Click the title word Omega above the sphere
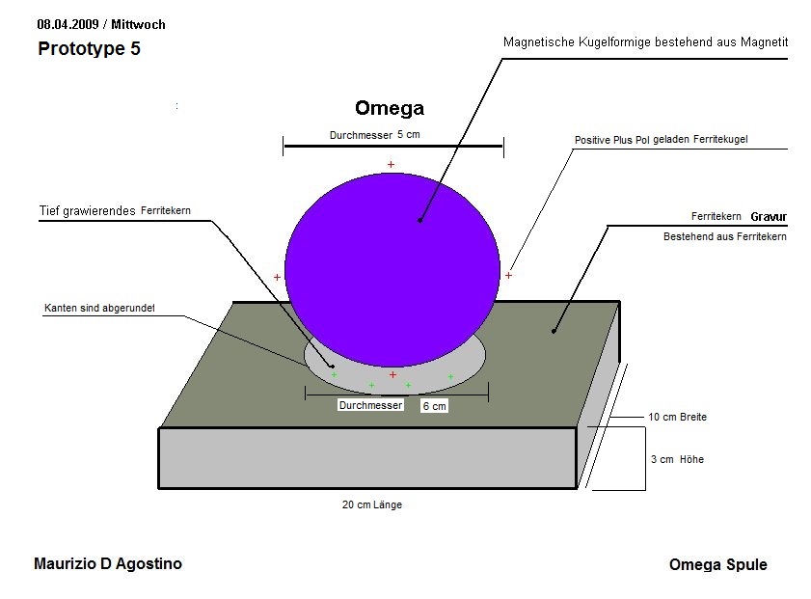[389, 108]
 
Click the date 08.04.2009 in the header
[68, 23]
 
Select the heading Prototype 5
[89, 49]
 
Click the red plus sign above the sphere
[391, 165]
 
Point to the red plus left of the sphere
[277, 277]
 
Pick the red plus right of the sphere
[508, 275]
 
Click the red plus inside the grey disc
[392, 374]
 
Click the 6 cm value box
[434, 407]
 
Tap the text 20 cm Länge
[371, 504]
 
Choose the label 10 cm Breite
[677, 418]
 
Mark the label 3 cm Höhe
[677, 459]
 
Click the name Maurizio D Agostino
[107, 563]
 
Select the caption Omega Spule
[717, 564]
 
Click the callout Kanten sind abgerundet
[99, 309]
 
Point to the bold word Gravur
[769, 217]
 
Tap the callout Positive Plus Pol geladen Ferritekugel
[661, 140]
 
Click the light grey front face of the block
[366, 457]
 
